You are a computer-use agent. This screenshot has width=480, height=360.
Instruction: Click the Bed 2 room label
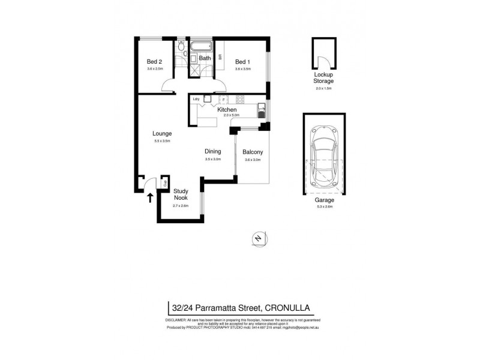click(x=155, y=61)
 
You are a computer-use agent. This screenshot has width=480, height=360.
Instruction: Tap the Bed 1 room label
click(x=242, y=61)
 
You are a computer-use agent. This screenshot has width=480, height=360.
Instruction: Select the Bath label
click(x=205, y=58)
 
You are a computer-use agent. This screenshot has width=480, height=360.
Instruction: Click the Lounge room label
click(x=162, y=133)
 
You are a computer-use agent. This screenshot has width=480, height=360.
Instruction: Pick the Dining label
click(x=213, y=152)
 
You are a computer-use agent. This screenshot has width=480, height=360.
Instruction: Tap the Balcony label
click(x=254, y=152)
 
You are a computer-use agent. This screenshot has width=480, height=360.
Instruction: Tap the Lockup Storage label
click(x=323, y=77)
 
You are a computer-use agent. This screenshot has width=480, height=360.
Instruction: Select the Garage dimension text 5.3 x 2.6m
click(x=323, y=206)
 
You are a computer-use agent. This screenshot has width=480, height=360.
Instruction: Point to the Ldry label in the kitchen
click(x=196, y=99)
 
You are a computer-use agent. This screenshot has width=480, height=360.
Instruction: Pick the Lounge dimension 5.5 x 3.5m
click(x=162, y=141)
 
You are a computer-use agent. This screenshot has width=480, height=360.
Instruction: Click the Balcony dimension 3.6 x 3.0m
click(x=254, y=160)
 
